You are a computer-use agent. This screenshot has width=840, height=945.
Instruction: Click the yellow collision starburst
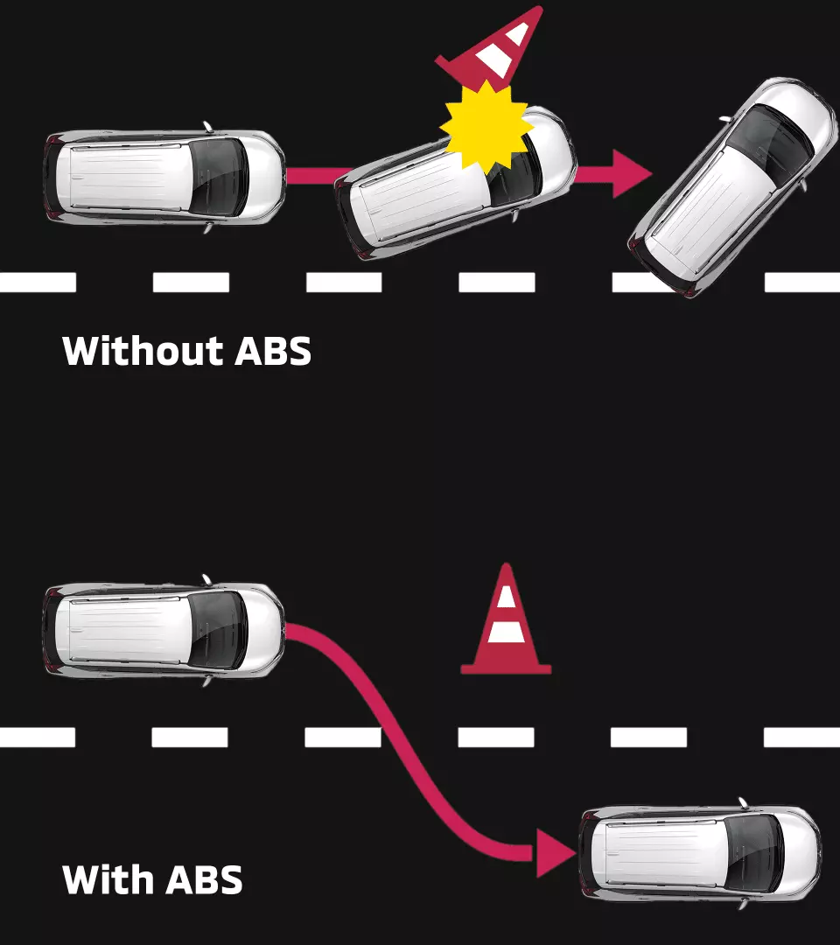coord(486,128)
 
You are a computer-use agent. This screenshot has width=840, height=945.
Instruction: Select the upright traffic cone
coord(506,623)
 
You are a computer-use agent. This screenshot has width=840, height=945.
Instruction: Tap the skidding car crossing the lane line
coord(733,185)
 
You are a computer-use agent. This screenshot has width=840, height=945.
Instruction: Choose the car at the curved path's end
coord(700,852)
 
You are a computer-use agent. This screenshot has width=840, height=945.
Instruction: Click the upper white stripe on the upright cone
coord(506,598)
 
